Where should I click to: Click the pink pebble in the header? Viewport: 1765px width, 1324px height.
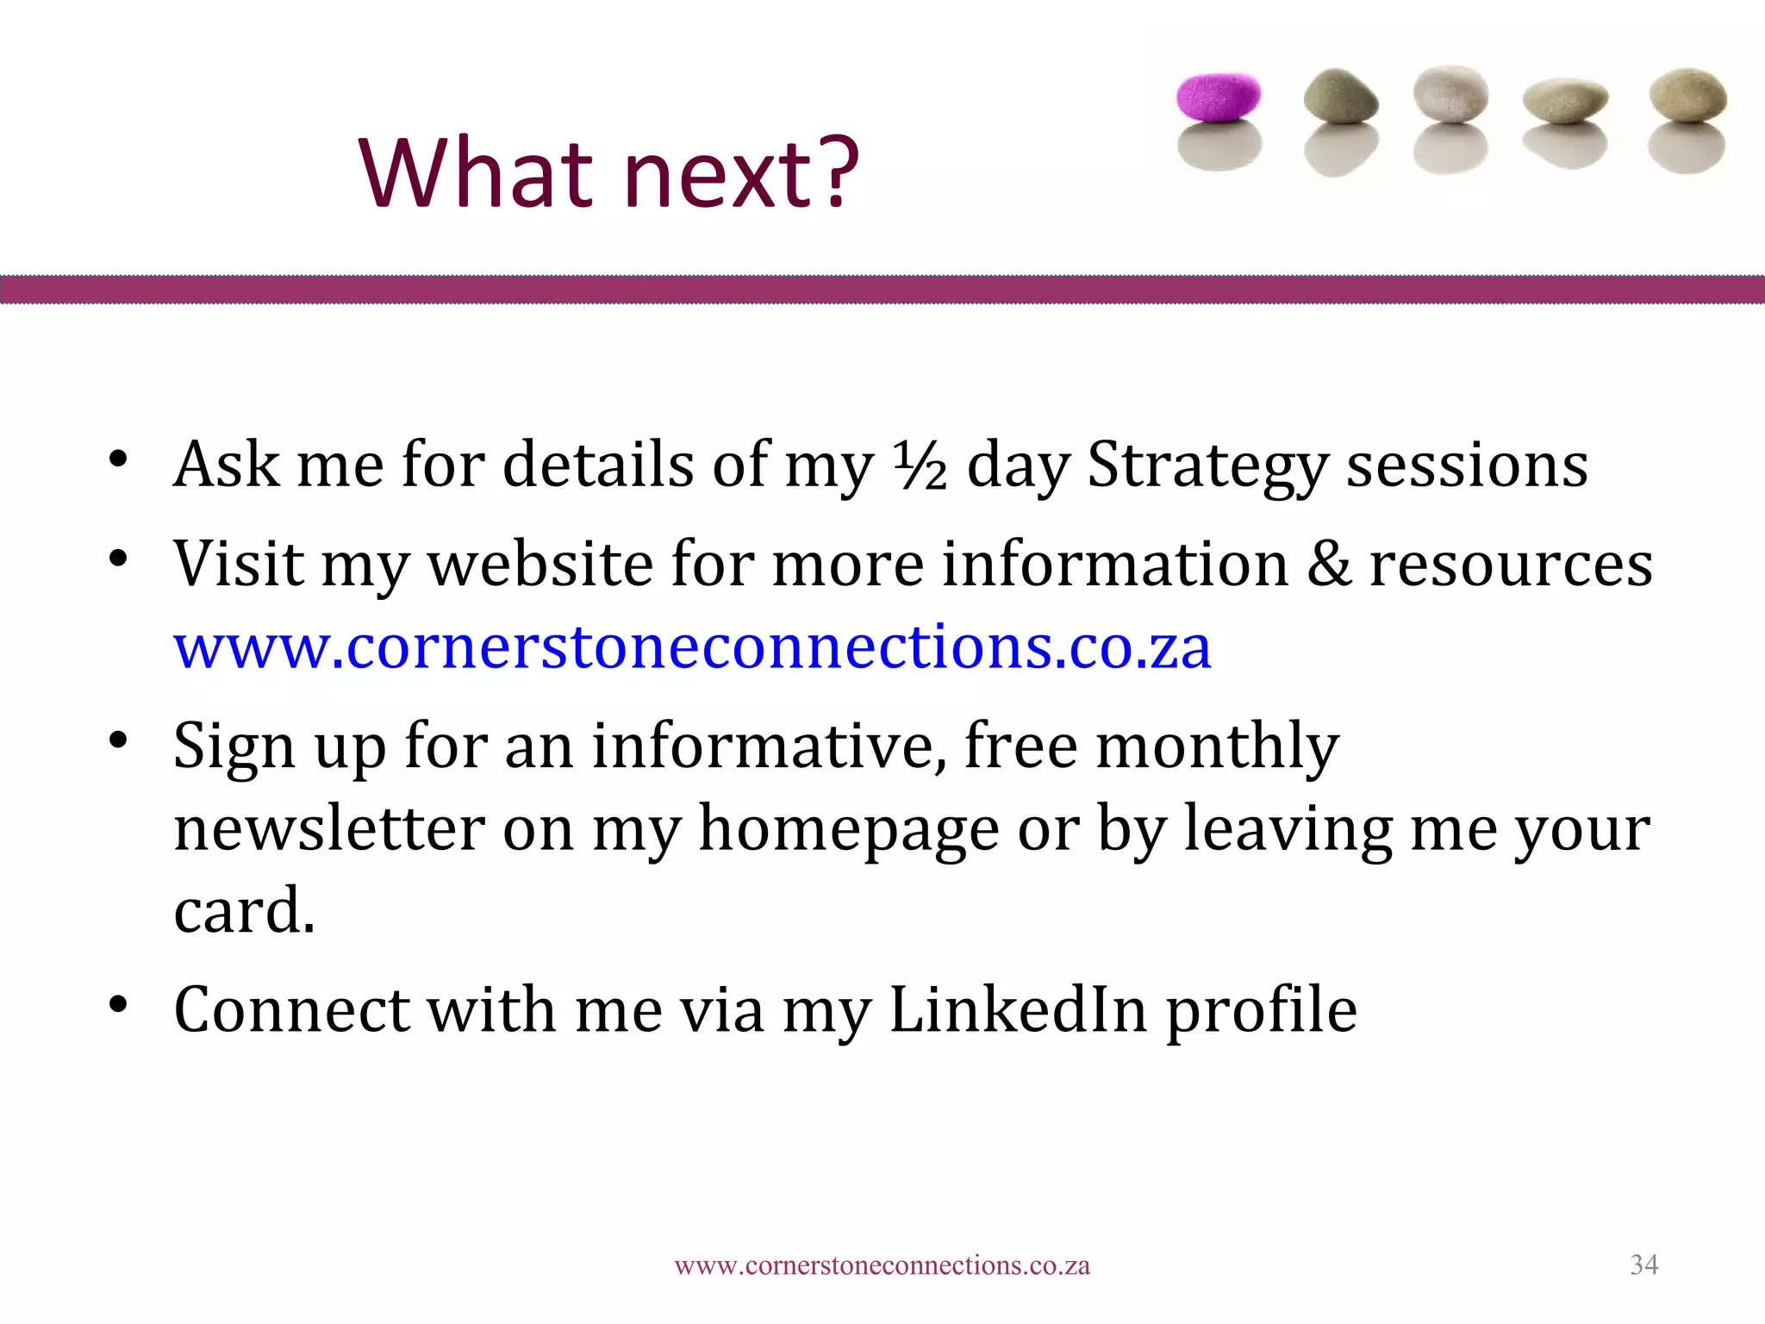tap(1219, 95)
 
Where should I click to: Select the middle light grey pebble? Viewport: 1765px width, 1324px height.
tap(1451, 93)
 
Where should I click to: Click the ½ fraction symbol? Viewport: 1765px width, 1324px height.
tap(920, 466)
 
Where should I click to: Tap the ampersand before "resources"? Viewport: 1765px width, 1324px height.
tap(1329, 565)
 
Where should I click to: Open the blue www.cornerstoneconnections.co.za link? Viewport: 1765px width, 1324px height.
tap(692, 646)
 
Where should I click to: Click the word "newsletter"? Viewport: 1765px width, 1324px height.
tap(329, 828)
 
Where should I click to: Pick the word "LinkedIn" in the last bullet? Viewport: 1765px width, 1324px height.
tap(1018, 1009)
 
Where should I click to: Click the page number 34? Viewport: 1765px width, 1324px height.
tap(1643, 1265)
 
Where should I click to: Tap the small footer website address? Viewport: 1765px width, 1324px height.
tap(882, 1265)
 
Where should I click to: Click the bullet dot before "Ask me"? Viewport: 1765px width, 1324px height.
tap(118, 459)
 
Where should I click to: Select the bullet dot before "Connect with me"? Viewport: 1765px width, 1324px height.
tap(118, 1004)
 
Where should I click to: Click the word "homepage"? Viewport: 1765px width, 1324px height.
tap(848, 828)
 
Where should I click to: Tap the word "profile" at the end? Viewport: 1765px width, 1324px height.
tap(1262, 1009)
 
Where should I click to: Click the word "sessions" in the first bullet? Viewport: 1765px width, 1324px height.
tap(1467, 466)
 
